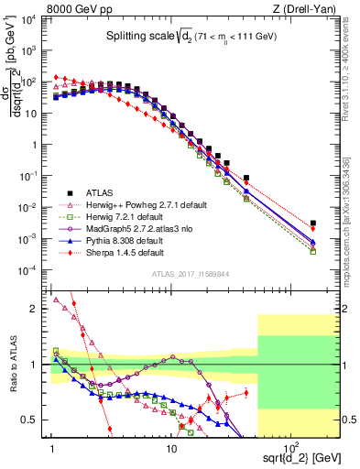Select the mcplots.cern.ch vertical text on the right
[352, 220]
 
